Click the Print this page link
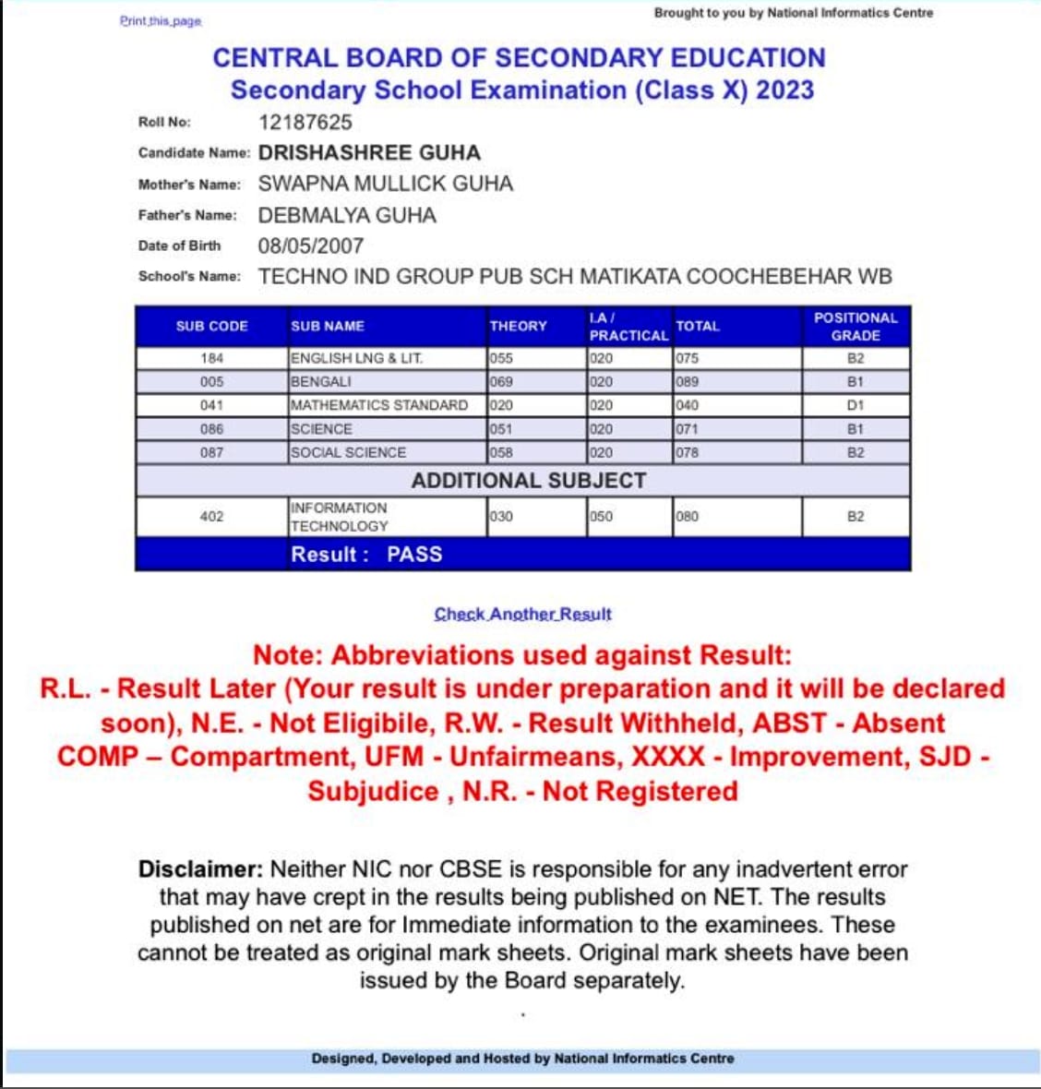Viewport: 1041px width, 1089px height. pyautogui.click(x=160, y=20)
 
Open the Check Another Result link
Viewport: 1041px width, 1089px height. pyautogui.click(x=522, y=614)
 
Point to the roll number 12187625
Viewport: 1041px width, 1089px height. pyautogui.click(x=305, y=122)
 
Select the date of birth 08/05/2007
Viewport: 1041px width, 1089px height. pyautogui.click(x=311, y=245)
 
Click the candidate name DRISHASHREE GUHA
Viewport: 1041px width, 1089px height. pyautogui.click(x=369, y=152)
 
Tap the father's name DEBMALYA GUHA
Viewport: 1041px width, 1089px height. pyautogui.click(x=347, y=215)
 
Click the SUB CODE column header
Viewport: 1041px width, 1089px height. pyautogui.click(x=211, y=326)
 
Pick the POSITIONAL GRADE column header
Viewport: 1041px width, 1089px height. pyautogui.click(x=856, y=326)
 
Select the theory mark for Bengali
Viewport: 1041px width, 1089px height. pyautogui.click(x=502, y=381)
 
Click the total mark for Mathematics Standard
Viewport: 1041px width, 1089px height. pyautogui.click(x=688, y=405)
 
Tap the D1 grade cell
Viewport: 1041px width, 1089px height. pyautogui.click(x=856, y=405)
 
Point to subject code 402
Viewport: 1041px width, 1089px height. pyautogui.click(x=211, y=516)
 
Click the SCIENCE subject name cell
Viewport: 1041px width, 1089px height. pyautogui.click(x=321, y=429)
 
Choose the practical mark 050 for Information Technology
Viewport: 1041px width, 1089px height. pyautogui.click(x=602, y=516)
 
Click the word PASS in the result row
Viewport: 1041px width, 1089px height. pyautogui.click(x=414, y=554)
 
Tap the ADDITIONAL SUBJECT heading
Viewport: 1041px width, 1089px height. pyautogui.click(x=528, y=480)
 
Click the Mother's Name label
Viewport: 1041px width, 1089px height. pyautogui.click(x=189, y=185)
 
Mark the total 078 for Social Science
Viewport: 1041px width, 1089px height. pyautogui.click(x=688, y=452)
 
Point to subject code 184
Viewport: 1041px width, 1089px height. pyautogui.click(x=211, y=358)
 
